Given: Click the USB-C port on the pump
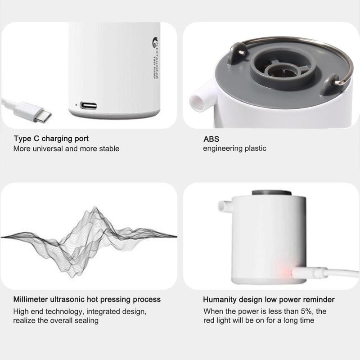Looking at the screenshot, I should [x=89, y=106].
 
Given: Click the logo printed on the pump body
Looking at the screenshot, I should [x=155, y=43].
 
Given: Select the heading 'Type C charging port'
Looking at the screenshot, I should [x=51, y=139].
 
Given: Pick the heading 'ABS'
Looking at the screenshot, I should [x=211, y=139].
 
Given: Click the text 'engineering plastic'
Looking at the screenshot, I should [x=234, y=148].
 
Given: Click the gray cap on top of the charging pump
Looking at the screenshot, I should [x=268, y=192].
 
